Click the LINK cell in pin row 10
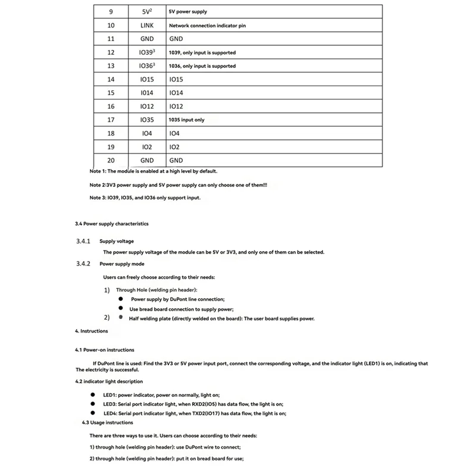[147, 26]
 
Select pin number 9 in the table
[111, 12]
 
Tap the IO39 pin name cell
[147, 52]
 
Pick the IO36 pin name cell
[147, 66]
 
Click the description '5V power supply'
[188, 12]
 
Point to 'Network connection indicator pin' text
[207, 26]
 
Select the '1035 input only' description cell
[187, 120]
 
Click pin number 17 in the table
[111, 120]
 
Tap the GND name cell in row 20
[147, 160]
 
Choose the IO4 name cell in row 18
[147, 133]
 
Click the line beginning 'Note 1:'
[159, 171]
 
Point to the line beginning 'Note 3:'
[145, 198]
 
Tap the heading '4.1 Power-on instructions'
[105, 350]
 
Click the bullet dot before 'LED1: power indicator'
[93, 394]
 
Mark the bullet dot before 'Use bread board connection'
[120, 309]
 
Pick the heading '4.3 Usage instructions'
[108, 422]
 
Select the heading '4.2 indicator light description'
[109, 381]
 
